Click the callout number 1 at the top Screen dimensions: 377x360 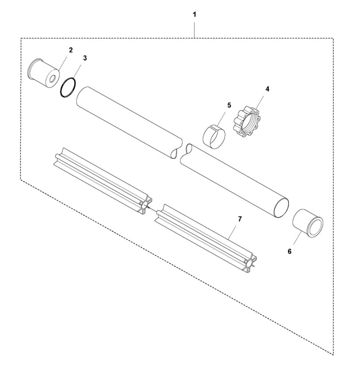[194, 15]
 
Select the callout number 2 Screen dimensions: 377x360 [71, 50]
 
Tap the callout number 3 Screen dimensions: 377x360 [85, 58]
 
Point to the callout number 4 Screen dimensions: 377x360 [268, 89]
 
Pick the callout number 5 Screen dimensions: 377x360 [229, 105]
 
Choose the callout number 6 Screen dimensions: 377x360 [289, 251]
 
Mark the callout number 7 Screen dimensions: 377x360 [240, 219]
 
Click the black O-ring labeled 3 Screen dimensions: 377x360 [68, 88]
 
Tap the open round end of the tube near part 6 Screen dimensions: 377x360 [281, 208]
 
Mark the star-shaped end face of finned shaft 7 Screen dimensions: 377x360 [249, 263]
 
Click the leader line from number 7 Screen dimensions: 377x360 [233, 232]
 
